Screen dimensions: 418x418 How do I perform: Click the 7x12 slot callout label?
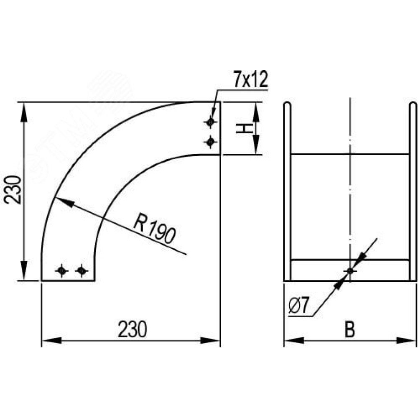(250, 79)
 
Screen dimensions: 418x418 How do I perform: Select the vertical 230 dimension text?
(14, 189)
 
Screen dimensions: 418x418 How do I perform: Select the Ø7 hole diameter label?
(298, 306)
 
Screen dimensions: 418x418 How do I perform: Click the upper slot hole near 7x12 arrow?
(210, 122)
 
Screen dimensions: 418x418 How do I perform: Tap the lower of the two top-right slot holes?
(210, 142)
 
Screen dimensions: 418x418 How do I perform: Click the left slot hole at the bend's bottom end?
(61, 271)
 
